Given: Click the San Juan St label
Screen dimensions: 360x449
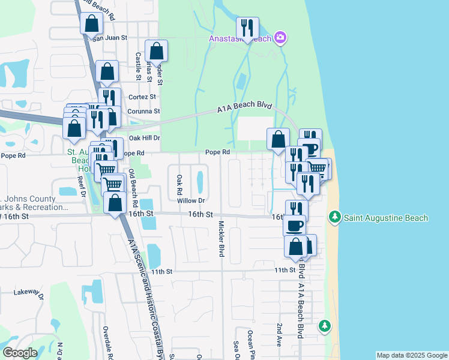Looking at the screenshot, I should (110, 38).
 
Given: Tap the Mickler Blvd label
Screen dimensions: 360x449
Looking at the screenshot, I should (221, 239).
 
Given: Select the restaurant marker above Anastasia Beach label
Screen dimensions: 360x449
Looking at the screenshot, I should (247, 28).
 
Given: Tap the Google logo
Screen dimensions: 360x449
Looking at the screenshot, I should (19, 353).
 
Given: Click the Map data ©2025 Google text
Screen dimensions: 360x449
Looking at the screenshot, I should (412, 355).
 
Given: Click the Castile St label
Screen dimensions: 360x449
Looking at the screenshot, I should (138, 66).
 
